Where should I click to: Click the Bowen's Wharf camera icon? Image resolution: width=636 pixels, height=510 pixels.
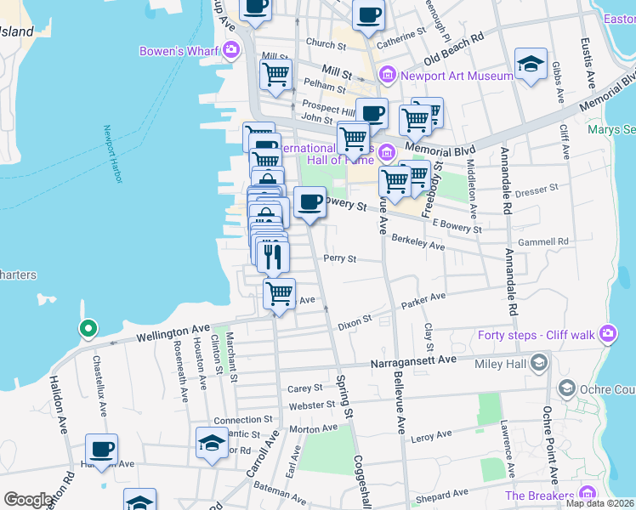pos(230,51)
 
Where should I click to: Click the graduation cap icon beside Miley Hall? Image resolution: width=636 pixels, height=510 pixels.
pos(538,364)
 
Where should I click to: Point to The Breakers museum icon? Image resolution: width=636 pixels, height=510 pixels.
pos(588,495)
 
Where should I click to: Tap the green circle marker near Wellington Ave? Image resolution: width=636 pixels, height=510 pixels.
pos(87,328)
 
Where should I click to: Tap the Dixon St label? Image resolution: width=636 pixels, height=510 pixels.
pos(355,321)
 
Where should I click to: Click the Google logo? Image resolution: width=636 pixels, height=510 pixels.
pos(28,500)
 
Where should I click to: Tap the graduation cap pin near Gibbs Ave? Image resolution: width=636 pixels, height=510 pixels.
pos(531,65)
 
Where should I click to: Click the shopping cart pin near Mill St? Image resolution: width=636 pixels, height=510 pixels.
pos(276,75)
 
